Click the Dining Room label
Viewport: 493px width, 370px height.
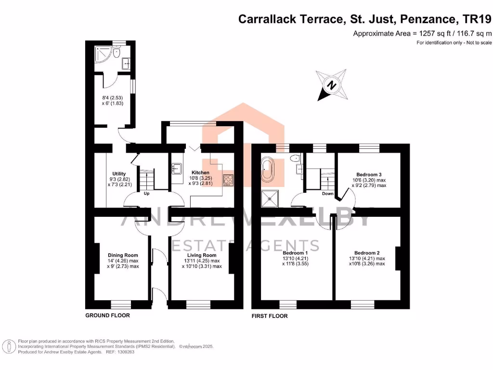pos(123,255)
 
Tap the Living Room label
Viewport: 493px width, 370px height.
pos(202,255)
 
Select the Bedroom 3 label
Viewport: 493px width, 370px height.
pos(369,174)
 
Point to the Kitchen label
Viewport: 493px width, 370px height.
pos(201,172)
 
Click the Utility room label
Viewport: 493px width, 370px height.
pos(119,173)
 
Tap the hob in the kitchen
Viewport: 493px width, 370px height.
pos(228,180)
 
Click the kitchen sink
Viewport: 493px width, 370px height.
pos(177,169)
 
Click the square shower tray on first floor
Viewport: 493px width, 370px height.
pos(270,198)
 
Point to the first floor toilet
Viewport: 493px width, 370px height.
pos(296,158)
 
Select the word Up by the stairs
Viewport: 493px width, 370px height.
pos(146,194)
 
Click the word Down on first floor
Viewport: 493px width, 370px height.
pos(327,194)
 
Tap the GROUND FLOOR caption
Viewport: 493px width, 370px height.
pos(107,315)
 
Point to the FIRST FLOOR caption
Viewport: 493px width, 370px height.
pos(270,316)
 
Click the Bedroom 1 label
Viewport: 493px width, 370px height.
pos(295,253)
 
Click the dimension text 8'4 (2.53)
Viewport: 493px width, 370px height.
pos(112,98)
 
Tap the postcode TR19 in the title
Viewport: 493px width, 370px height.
pos(477,19)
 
